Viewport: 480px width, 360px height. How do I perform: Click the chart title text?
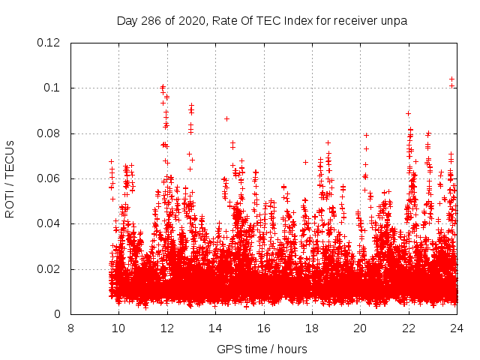click(262, 20)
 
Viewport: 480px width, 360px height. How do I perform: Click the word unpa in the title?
click(392, 20)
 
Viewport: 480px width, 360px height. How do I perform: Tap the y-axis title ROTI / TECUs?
click(10, 178)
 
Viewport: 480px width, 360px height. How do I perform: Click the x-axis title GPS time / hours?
click(262, 349)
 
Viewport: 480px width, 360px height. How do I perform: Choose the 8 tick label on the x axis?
click(70, 328)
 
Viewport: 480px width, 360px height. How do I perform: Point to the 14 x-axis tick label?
click(215, 328)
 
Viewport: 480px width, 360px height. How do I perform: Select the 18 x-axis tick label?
click(312, 328)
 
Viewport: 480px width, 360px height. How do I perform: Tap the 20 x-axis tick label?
click(360, 328)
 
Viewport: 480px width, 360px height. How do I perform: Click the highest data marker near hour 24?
click(451, 79)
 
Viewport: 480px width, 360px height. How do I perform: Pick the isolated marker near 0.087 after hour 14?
click(226, 118)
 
